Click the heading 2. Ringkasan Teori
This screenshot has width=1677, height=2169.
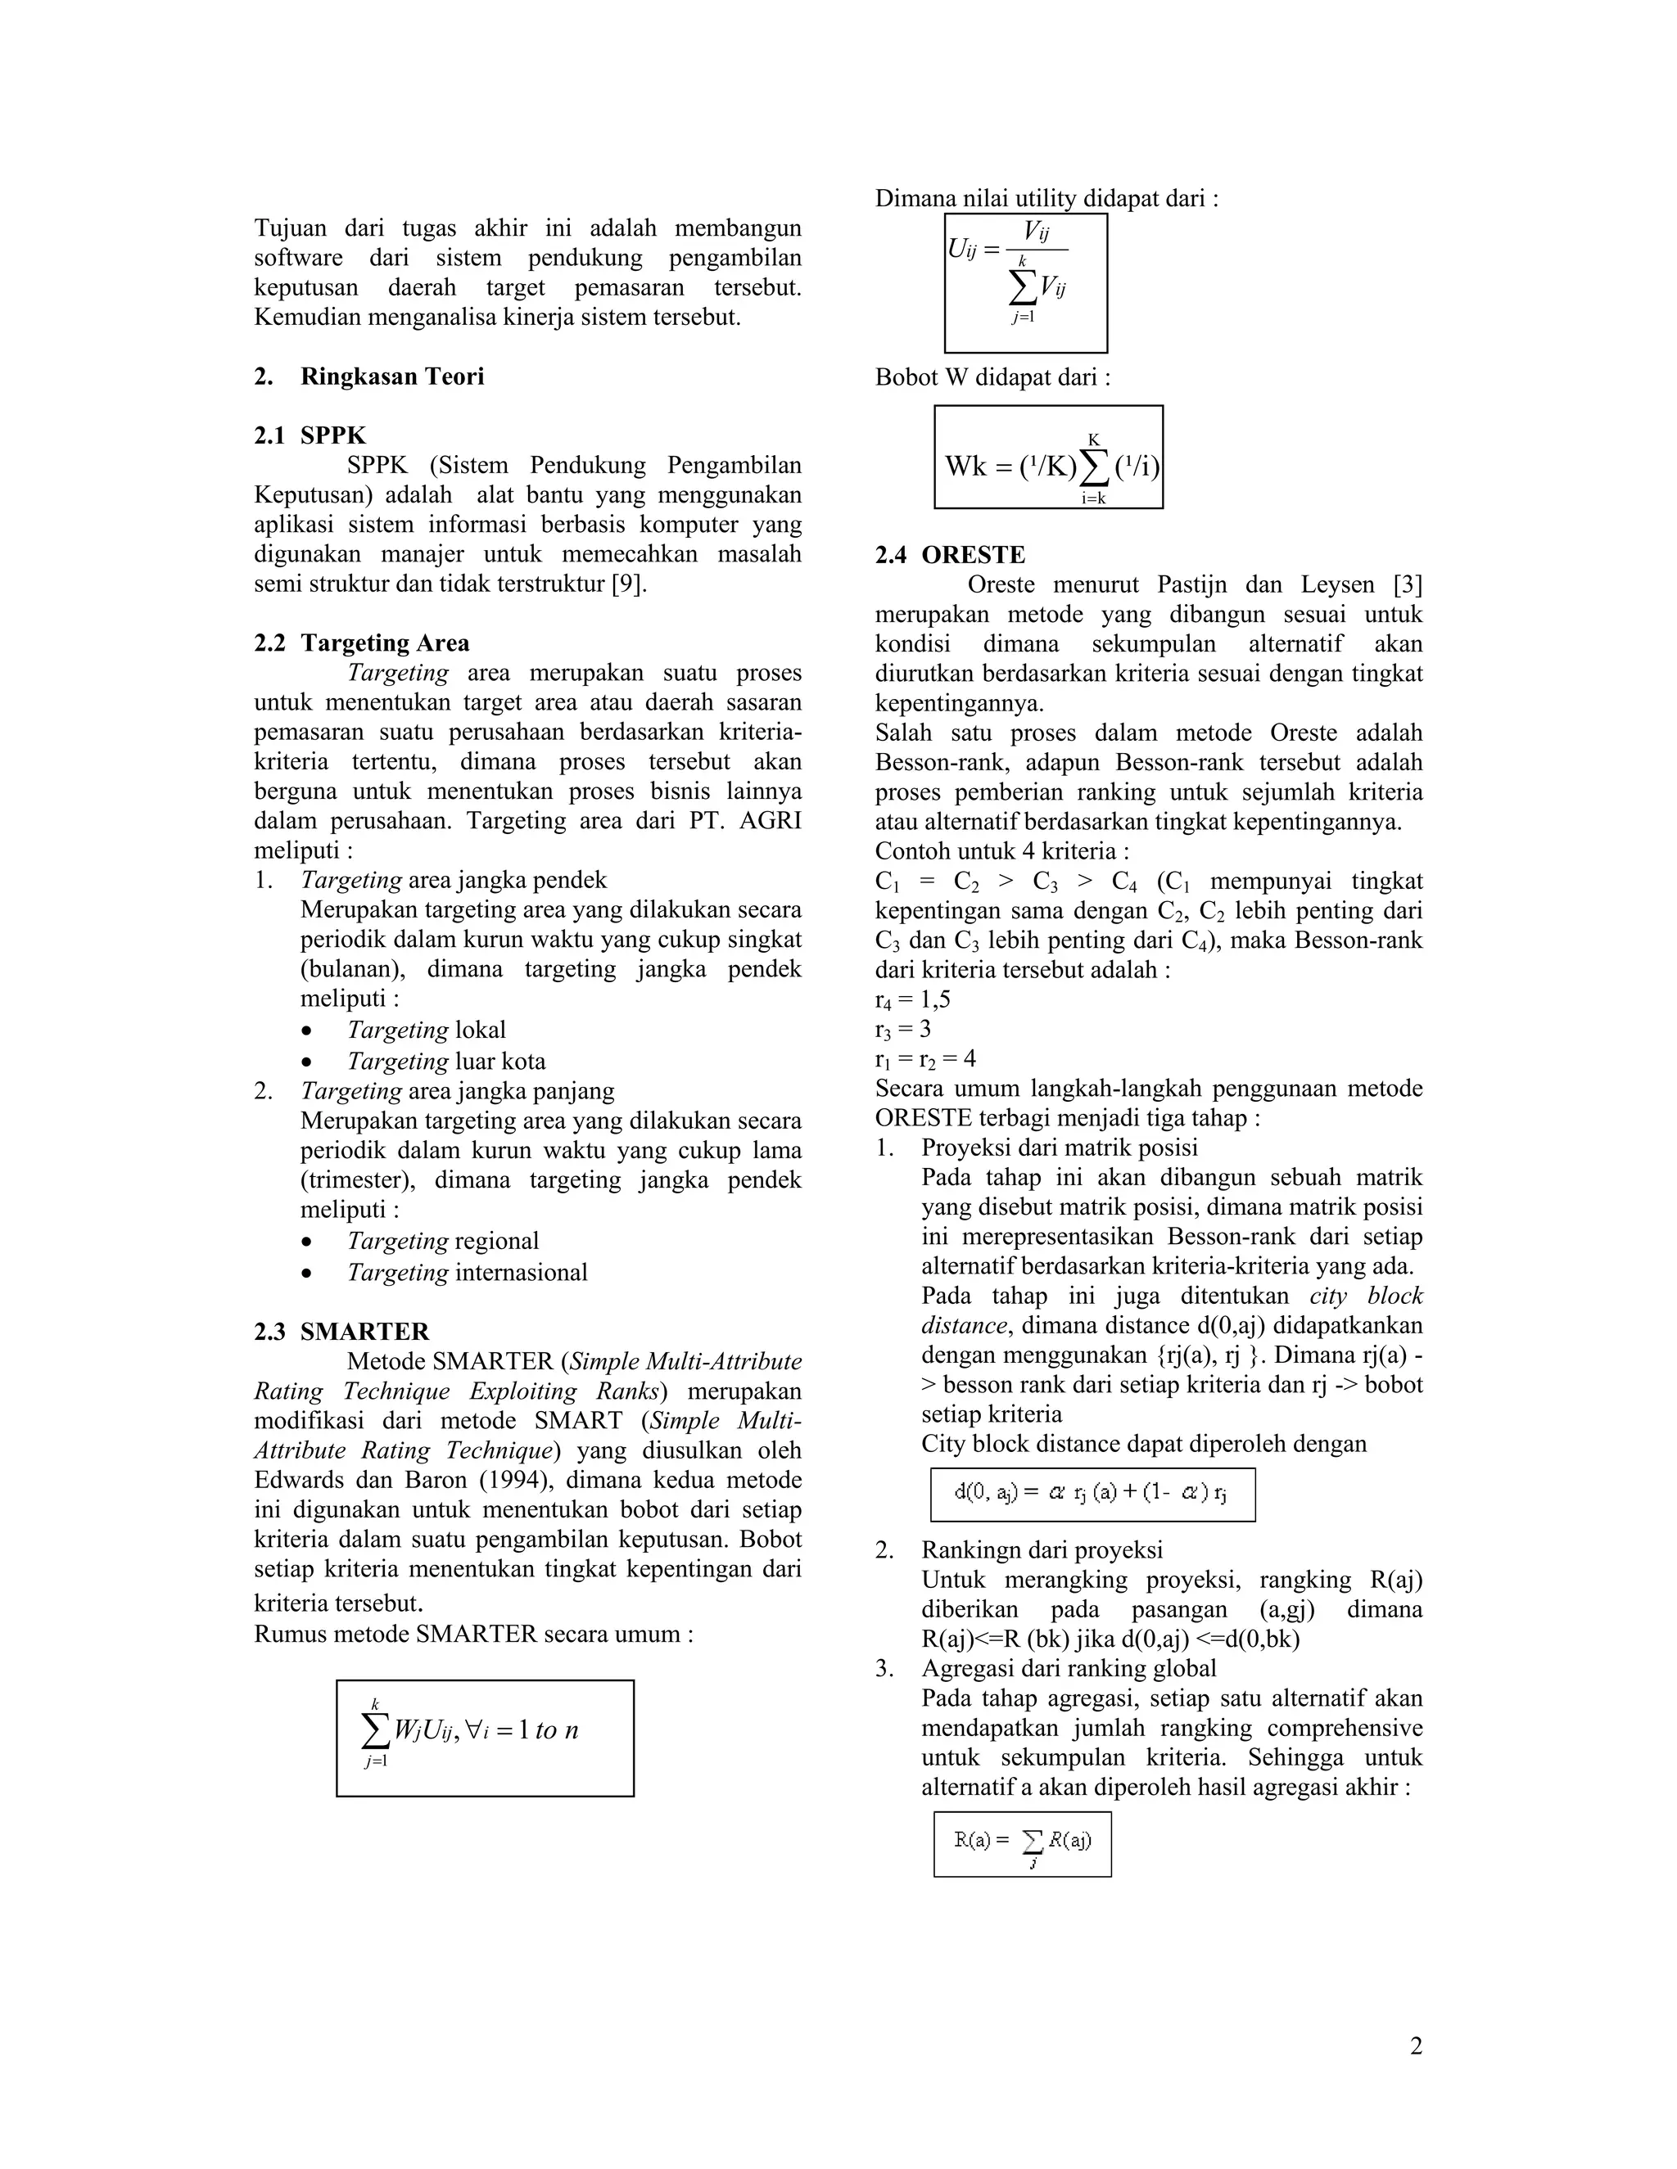click(x=368, y=377)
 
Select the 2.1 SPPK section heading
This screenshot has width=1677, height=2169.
click(x=310, y=435)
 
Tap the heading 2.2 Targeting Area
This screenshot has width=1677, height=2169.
click(x=362, y=643)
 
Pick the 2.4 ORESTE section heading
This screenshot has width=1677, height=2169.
click(x=950, y=554)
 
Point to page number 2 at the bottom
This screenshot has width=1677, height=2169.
click(x=1416, y=2046)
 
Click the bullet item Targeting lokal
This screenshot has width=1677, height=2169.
click(x=426, y=1030)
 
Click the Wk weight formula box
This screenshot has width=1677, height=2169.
click(x=1048, y=457)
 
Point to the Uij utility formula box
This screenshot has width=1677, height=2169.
click(x=1025, y=283)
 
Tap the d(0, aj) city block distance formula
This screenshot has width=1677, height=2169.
click(x=1092, y=1495)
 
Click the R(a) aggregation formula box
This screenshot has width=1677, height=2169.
click(x=1022, y=1844)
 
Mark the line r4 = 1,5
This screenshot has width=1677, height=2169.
click(x=912, y=999)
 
